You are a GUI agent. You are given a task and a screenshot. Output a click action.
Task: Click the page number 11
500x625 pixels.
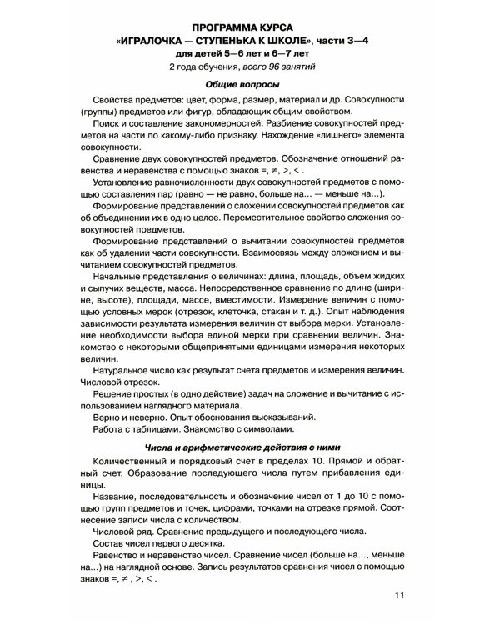[397, 594]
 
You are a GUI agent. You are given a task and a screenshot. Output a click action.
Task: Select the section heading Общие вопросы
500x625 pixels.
[249, 87]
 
